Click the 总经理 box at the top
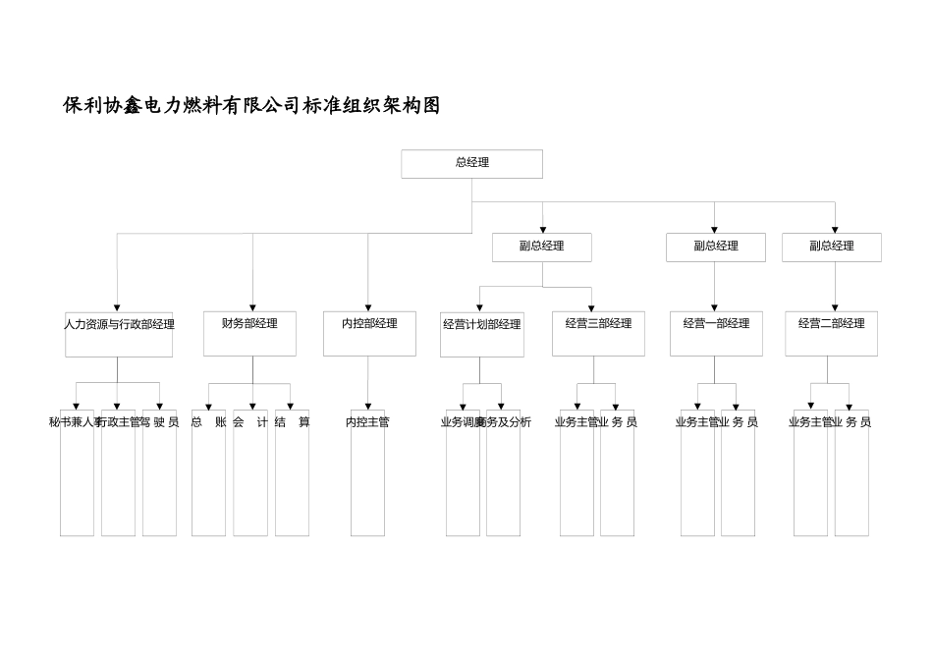pos(471,164)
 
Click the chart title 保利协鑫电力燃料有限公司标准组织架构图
pos(251,106)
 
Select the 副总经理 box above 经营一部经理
pos(715,247)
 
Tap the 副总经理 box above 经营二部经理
pos(831,247)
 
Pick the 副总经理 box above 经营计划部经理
pos(541,247)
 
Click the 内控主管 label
pos(367,422)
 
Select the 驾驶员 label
pos(161,422)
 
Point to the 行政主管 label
pos(119,422)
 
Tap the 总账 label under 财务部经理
pos(208,422)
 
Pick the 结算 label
pos(292,422)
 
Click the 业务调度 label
pos(462,422)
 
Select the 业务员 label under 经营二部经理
pos(852,422)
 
